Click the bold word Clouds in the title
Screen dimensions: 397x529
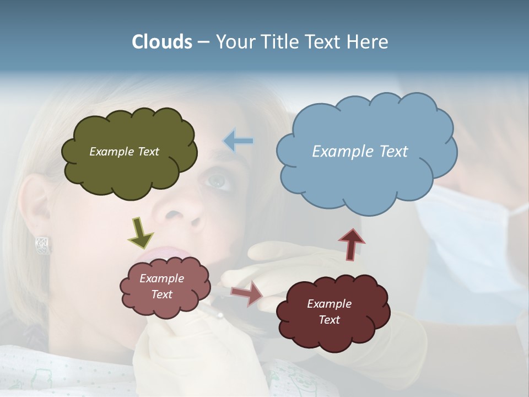(162, 42)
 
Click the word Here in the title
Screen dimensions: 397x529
(368, 42)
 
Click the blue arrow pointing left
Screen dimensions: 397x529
(238, 141)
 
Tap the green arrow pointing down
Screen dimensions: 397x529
(141, 232)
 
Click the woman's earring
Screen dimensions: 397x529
(42, 244)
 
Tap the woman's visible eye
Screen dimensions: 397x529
(218, 180)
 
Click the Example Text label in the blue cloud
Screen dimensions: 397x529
(360, 151)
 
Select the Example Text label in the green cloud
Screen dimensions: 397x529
(124, 151)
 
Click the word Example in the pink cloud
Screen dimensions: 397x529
(161, 278)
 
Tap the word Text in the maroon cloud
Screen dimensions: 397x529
(329, 320)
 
